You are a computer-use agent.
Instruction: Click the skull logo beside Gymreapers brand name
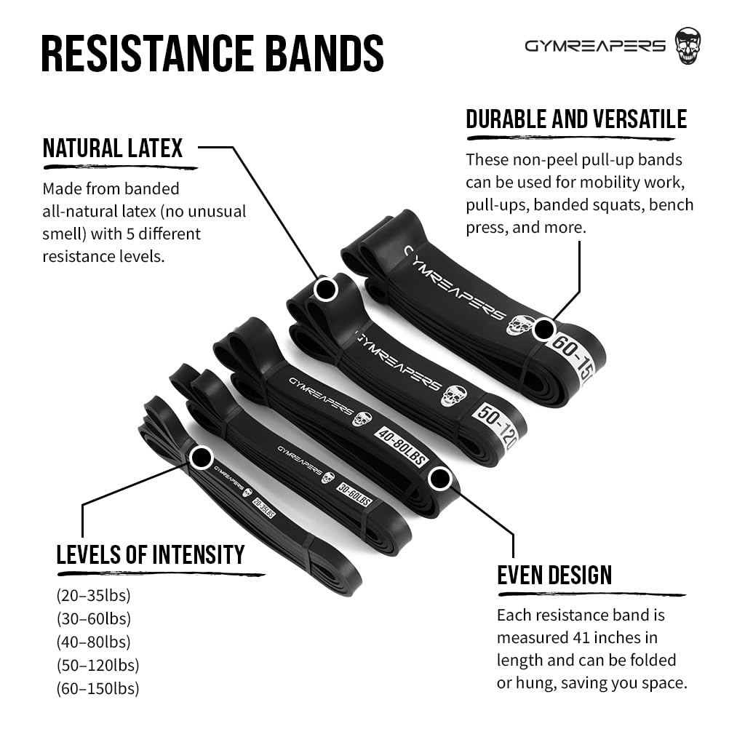688,45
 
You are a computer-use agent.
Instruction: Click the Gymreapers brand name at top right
595,46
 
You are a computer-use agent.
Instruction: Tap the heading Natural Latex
113,148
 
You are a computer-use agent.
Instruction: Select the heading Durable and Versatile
576,119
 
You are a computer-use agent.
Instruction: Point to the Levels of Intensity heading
151,555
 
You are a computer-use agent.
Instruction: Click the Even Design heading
554,575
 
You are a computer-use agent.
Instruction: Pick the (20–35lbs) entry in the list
93,596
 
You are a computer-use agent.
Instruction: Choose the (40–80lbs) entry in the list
93,642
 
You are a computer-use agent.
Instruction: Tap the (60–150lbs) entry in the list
97,688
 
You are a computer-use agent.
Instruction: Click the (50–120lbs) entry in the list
97,665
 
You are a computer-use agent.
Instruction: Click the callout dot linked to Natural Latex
326,290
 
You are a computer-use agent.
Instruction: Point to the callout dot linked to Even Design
439,479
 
